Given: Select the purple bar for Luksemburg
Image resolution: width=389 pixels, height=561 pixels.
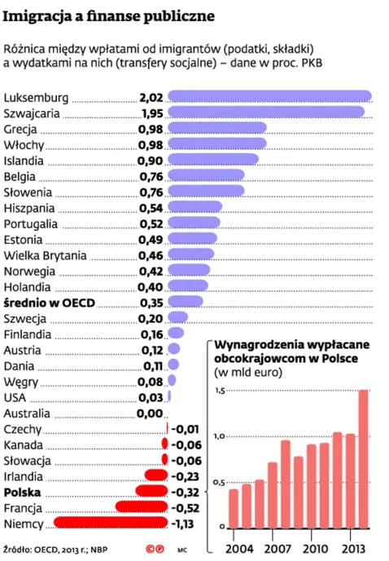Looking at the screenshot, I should pos(269,95).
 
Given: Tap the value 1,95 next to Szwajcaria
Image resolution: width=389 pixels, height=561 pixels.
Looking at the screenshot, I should pos(152,113).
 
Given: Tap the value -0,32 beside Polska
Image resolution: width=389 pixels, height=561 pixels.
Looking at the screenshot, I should pos(186,493).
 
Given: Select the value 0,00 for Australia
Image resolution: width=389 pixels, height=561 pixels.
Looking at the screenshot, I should pos(151,413).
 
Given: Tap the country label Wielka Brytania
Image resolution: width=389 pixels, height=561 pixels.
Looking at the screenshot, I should pos(45,255).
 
